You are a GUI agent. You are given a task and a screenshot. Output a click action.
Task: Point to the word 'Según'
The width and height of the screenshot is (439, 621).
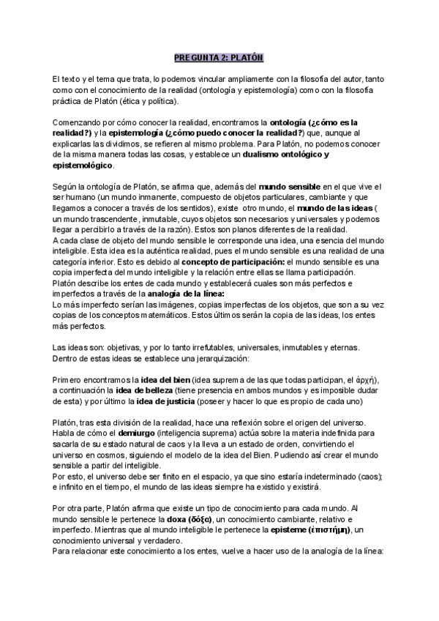(64, 187)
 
